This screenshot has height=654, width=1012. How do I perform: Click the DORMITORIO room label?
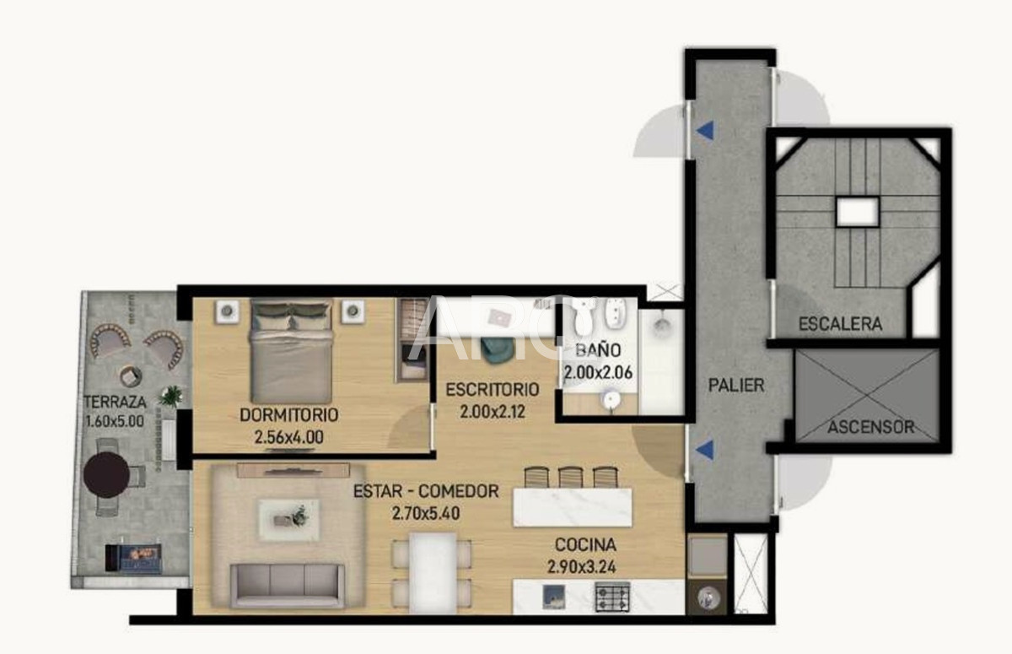pos(289,415)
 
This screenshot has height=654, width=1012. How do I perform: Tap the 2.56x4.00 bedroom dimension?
pos(289,437)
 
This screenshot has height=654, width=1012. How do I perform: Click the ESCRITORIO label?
pos(492,390)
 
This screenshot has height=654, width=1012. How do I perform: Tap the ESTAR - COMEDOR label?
pos(426,491)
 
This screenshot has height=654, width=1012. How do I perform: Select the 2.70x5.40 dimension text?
pos(426,512)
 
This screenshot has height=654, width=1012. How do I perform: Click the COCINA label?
pos(585,545)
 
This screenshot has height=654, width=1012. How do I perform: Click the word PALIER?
pos(736,386)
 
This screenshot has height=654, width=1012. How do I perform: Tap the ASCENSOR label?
pos(870,427)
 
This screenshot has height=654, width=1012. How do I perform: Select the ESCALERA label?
pos(840,323)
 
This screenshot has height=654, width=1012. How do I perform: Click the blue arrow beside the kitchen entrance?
pos(705,451)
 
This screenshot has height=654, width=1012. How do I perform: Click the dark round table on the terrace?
pos(107,473)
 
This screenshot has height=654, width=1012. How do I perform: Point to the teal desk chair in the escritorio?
pos(497,349)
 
